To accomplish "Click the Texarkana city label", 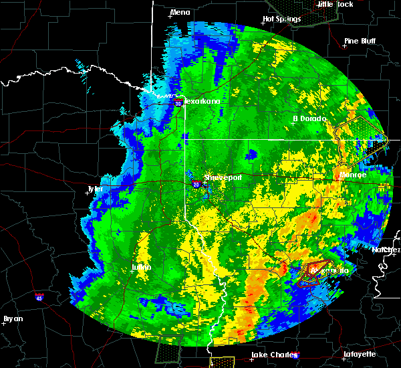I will [x=203, y=102].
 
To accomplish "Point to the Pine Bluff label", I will [x=359, y=41].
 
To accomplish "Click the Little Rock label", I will [x=336, y=4].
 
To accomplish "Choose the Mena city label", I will [x=180, y=12].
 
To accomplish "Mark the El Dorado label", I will [x=309, y=118].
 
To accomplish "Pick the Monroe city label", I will [x=353, y=175].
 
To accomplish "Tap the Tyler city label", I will [x=96, y=189].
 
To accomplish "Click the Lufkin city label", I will [x=142, y=268].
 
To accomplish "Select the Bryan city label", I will [x=13, y=318].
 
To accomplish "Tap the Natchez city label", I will [x=386, y=250].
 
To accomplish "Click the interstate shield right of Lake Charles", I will [x=296, y=356].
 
